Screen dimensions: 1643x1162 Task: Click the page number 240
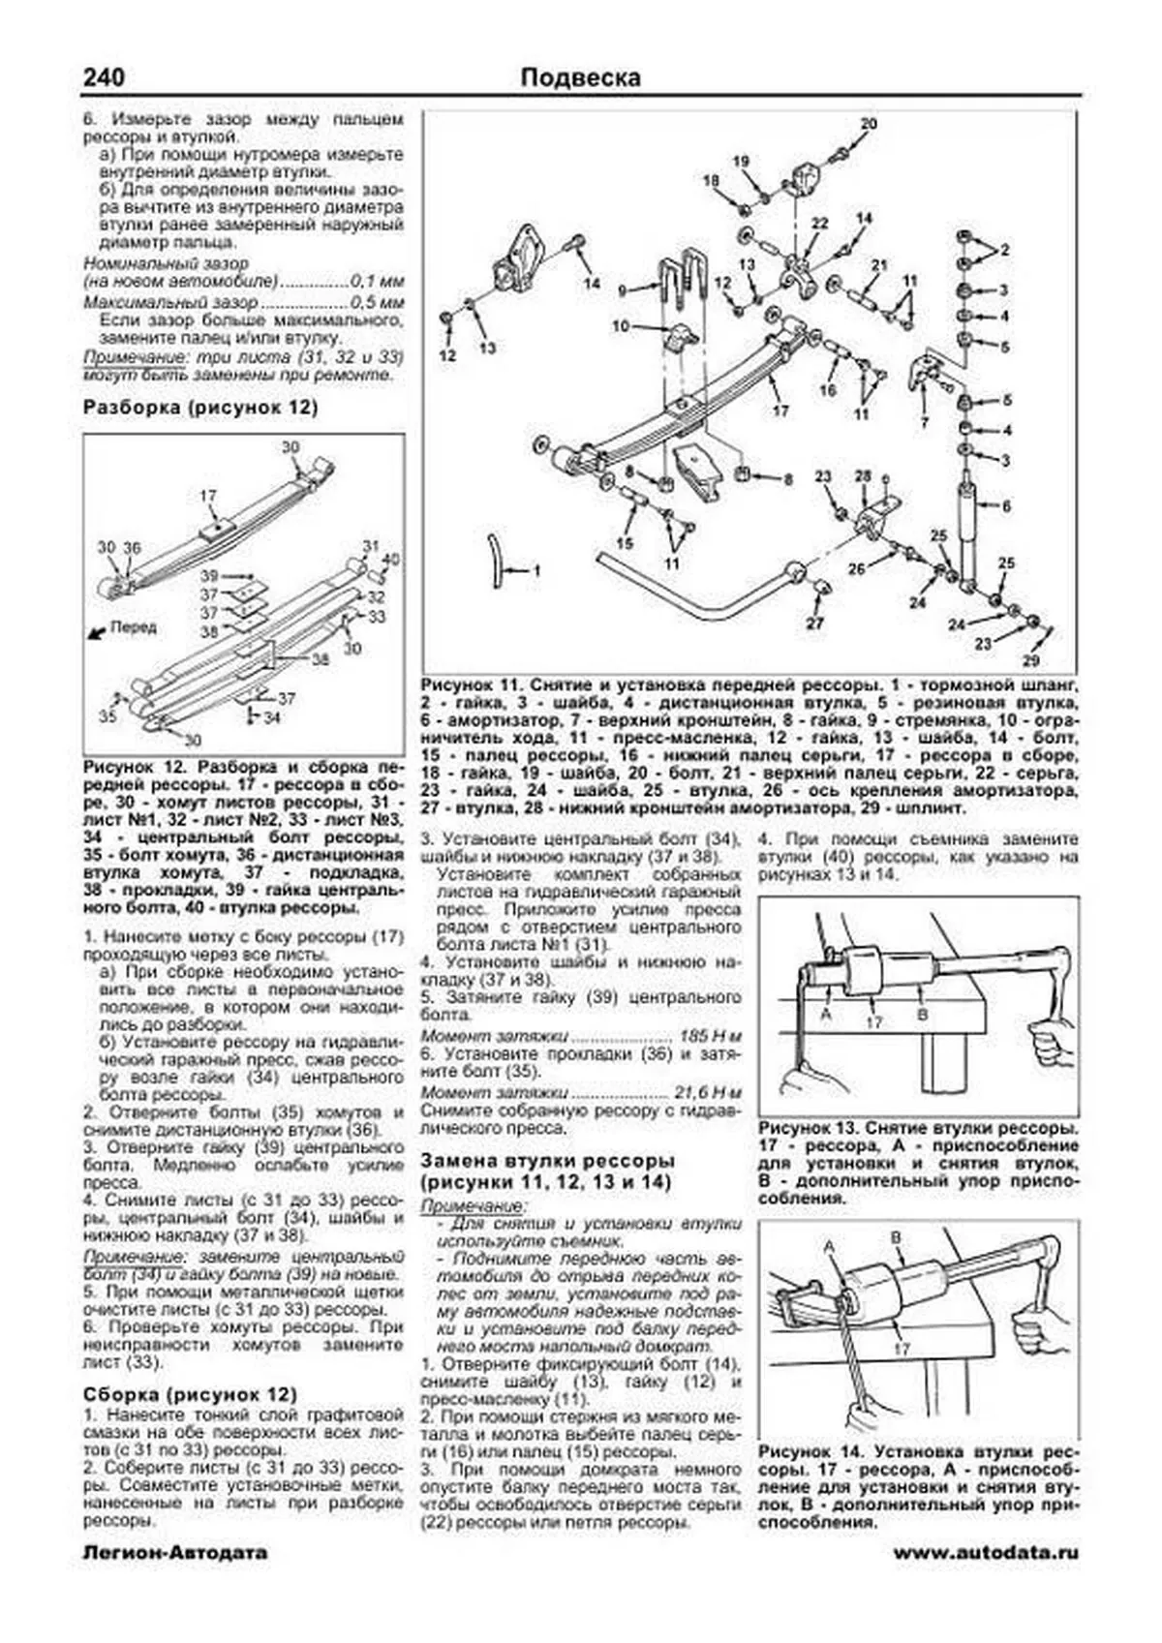(x=104, y=77)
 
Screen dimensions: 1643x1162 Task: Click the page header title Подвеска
(x=580, y=77)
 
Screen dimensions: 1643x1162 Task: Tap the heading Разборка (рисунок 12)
(x=200, y=408)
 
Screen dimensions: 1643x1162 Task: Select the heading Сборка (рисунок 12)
(x=190, y=1394)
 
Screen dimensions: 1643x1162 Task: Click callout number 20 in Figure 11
(x=868, y=123)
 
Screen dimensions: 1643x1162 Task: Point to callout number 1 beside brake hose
(x=535, y=571)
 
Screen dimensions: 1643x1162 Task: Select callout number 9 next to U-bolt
(x=625, y=289)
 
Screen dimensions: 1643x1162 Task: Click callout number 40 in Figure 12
(x=390, y=560)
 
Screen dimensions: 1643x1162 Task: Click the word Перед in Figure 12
(x=133, y=627)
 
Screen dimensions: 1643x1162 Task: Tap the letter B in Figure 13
(x=922, y=1014)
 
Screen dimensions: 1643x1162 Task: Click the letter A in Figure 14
(x=829, y=1249)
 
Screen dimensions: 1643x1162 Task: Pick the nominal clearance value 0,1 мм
(x=377, y=282)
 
